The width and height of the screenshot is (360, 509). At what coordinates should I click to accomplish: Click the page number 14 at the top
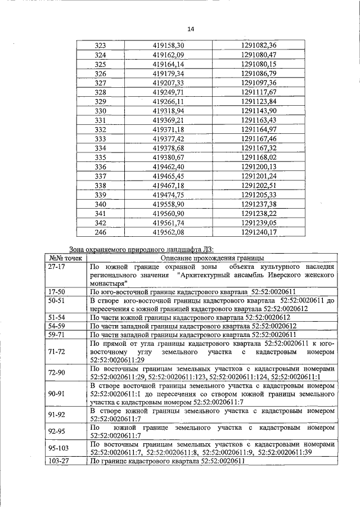click(190, 29)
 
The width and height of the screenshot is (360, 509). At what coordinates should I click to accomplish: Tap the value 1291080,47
click(259, 55)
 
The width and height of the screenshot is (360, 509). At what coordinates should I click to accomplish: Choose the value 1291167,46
click(259, 138)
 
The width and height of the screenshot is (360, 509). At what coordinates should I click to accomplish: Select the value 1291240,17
click(259, 232)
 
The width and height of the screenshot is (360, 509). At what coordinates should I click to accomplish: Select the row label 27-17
click(57, 267)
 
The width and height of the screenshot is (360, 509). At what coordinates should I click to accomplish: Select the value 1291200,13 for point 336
click(259, 166)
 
